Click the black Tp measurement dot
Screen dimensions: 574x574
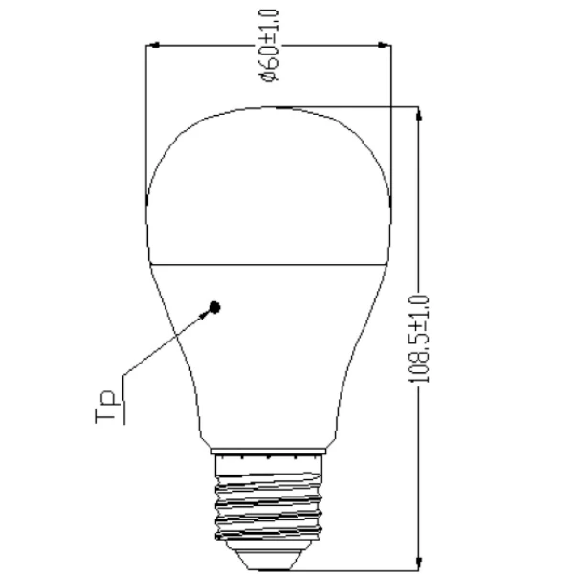tap(215, 307)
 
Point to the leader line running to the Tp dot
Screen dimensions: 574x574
tap(167, 345)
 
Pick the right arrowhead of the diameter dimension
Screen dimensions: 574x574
tap(387, 45)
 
